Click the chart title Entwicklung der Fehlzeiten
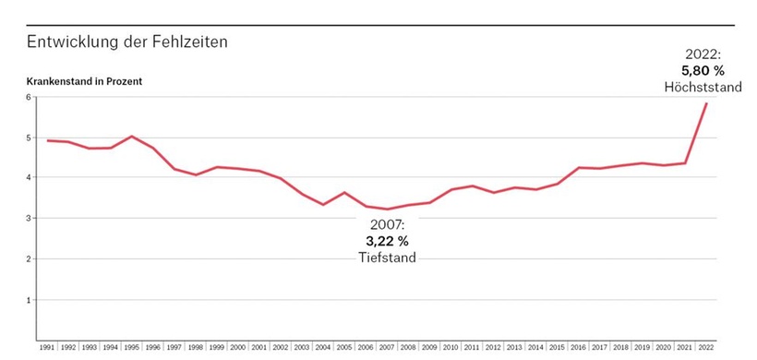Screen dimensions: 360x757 point(127,42)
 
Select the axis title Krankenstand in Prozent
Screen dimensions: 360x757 point(84,81)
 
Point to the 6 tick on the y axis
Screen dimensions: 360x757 point(29,97)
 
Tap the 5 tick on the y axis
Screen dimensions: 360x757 point(29,138)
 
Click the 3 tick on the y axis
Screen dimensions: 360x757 point(29,219)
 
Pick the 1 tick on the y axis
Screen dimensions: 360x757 point(29,300)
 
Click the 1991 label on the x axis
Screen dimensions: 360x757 point(46,348)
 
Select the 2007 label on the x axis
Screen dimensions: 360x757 point(386,348)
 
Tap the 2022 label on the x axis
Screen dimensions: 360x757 point(706,348)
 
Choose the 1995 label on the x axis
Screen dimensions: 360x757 point(131,348)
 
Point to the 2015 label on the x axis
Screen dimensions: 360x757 point(557,348)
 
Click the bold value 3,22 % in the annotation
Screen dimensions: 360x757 point(387,241)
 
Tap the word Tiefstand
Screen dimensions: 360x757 point(387,258)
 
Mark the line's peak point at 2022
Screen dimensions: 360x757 point(706,103)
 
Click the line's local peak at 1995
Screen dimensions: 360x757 point(131,137)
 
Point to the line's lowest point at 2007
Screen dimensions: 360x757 point(386,210)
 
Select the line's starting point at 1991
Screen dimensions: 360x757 point(46,140)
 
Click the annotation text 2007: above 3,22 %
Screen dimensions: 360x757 point(387,224)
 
